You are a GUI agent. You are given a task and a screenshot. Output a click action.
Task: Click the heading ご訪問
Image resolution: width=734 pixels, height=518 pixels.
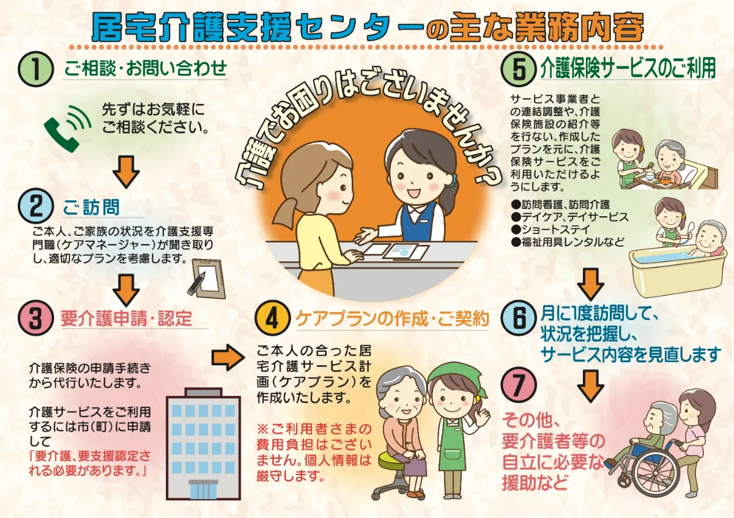91,208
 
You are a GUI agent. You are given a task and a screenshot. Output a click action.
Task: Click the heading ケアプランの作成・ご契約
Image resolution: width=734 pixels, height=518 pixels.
392,318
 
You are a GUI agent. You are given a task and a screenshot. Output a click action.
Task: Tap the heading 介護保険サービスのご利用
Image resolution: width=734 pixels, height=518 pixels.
628,68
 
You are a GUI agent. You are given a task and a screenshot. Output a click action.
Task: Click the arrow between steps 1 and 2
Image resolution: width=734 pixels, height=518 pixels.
126,170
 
